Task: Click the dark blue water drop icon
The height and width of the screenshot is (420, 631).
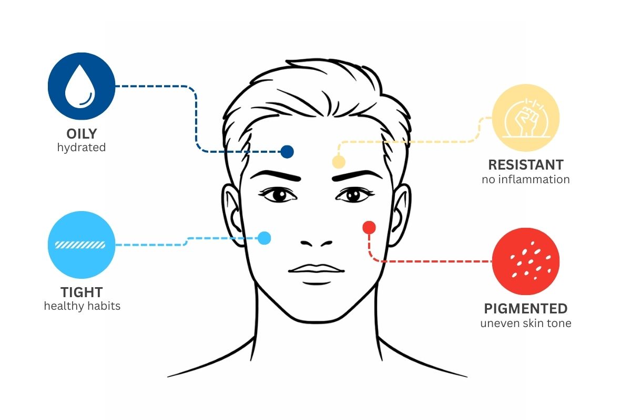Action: [x=82, y=86]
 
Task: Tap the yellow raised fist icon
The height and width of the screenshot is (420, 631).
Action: [x=525, y=118]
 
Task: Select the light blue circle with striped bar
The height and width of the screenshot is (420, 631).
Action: [x=82, y=245]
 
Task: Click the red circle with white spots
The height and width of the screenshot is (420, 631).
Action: [x=525, y=261]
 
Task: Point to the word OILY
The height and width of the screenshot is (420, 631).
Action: [x=82, y=133]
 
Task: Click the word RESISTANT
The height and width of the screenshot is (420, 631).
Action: [x=525, y=165]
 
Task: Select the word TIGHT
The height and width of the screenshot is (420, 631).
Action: [x=82, y=292]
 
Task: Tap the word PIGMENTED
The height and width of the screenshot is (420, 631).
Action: [x=525, y=308]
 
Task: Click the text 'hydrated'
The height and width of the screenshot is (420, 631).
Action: [x=82, y=148]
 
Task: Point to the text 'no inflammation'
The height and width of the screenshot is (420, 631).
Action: [x=525, y=180]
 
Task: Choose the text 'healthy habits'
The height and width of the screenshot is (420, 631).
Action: [x=82, y=306]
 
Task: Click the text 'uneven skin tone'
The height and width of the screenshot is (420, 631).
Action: [x=525, y=323]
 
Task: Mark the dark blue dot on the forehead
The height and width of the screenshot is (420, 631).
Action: [x=287, y=152]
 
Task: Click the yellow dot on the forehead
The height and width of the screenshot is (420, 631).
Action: [x=339, y=162]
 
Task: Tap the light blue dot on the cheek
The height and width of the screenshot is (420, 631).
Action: [x=264, y=238]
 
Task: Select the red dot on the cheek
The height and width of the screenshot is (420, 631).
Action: [x=369, y=227]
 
